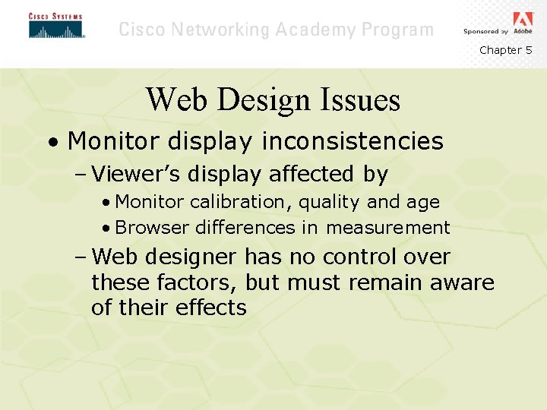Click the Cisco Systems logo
(55, 26)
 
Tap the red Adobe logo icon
(523, 20)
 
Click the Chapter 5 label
(505, 50)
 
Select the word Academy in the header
(321, 30)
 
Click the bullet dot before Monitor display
(50, 143)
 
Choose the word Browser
(153, 228)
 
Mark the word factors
(197, 283)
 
